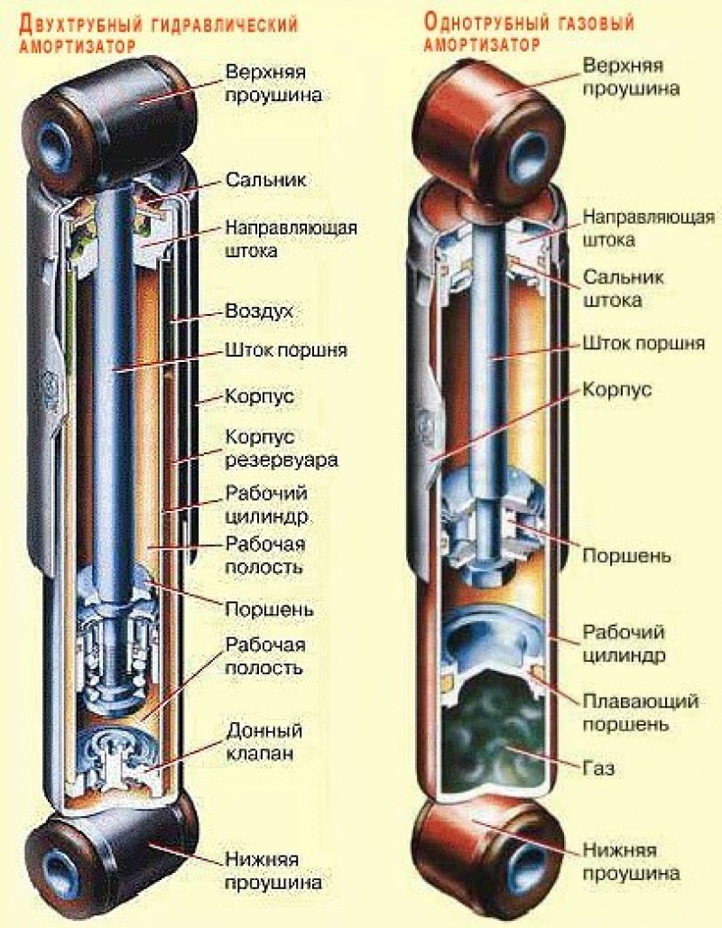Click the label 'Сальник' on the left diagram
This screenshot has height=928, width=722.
click(265, 180)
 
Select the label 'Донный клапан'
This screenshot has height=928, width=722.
click(264, 742)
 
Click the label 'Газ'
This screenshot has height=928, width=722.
click(600, 769)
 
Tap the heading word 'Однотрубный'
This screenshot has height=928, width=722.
click(478, 23)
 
